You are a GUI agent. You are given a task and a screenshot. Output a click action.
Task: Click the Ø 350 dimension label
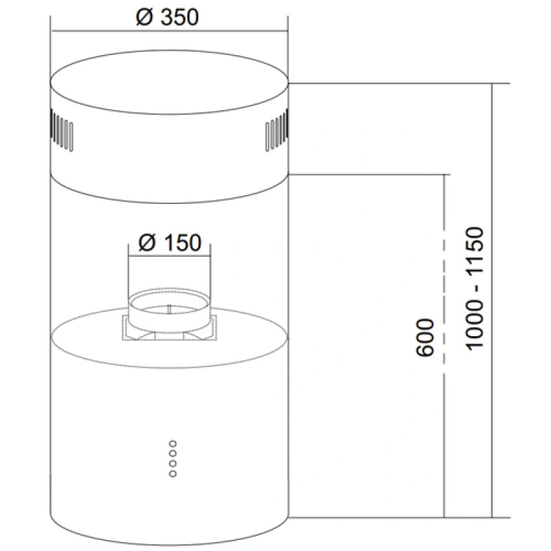coord(167,17)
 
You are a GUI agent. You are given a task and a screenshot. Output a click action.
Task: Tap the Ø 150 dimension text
coord(169,242)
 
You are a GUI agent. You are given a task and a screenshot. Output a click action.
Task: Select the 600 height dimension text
coord(425,337)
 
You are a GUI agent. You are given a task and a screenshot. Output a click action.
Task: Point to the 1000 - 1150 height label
coord(475,289)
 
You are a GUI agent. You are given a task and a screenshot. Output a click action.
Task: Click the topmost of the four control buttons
coord(173,444)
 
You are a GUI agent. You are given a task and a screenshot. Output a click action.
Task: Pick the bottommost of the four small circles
coord(173,474)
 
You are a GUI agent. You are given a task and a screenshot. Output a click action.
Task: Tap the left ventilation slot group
coord(61,130)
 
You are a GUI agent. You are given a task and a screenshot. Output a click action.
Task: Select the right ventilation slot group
coord(277,130)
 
